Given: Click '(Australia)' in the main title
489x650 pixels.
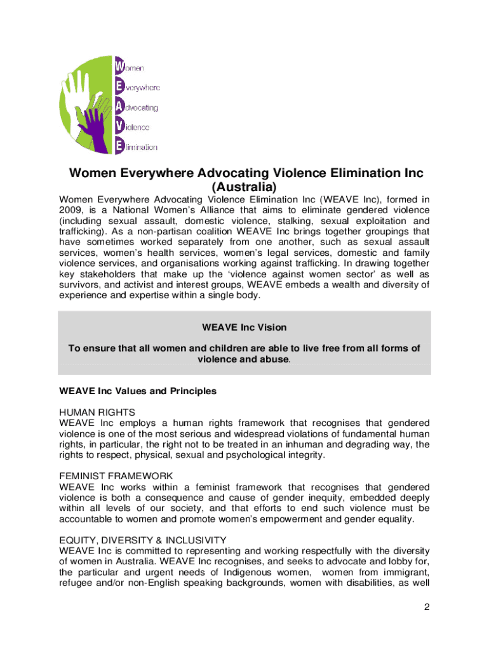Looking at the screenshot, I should tap(244, 188).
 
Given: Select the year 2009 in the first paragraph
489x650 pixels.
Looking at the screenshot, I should tap(72, 211).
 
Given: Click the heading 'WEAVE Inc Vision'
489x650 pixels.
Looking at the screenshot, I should tap(244, 328).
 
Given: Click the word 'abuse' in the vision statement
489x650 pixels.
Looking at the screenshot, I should tap(271, 359).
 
